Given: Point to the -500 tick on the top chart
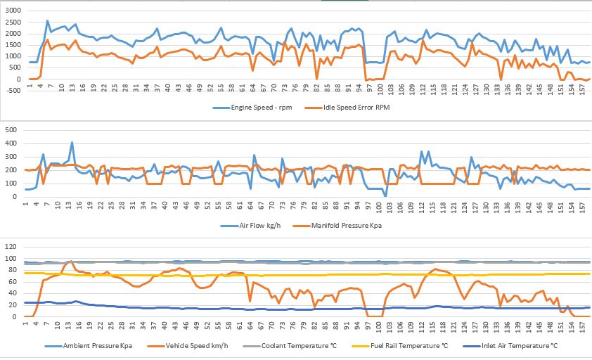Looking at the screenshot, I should [12, 91].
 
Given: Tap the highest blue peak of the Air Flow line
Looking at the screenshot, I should [72, 143].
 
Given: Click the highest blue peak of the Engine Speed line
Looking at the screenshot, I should [47, 21].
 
